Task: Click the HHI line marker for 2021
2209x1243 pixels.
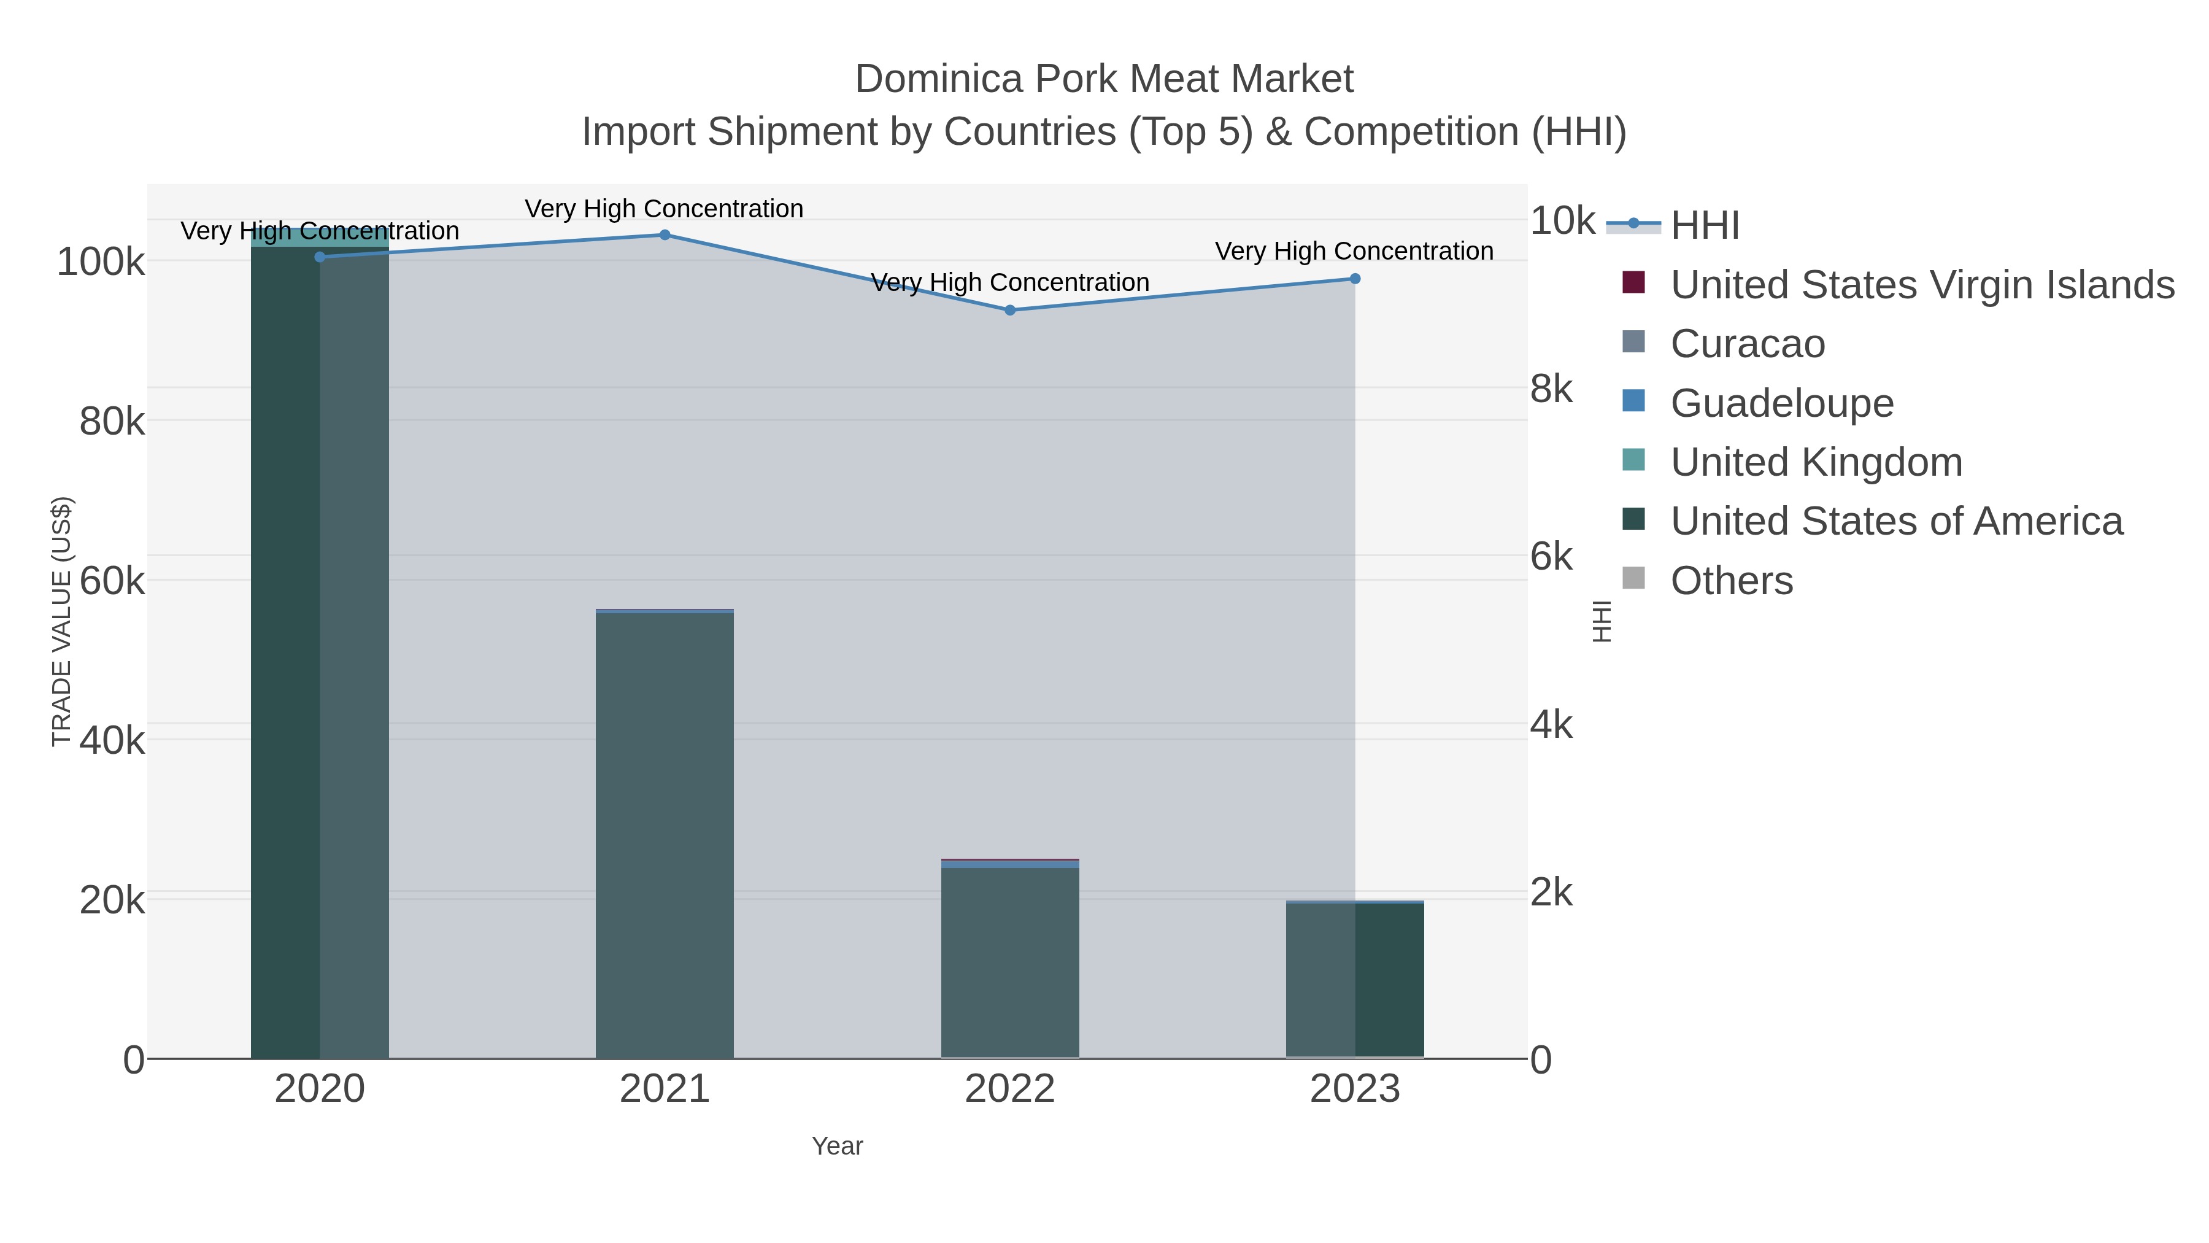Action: point(665,235)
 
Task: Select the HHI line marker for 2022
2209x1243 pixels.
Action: point(1009,310)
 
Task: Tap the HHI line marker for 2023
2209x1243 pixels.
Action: point(1355,279)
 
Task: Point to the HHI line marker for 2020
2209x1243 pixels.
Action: point(320,257)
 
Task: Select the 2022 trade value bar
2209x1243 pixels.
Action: point(1009,961)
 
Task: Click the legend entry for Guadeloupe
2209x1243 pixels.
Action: point(1781,403)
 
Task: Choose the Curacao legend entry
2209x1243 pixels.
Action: point(1747,344)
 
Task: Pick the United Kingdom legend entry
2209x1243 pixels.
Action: point(1816,462)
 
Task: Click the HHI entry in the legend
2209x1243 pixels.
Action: point(1704,226)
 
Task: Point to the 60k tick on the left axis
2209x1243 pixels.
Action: point(112,581)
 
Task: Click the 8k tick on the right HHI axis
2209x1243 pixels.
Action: point(1551,389)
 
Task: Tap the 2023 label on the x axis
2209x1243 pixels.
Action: point(1354,1088)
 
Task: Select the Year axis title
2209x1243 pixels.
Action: point(837,1146)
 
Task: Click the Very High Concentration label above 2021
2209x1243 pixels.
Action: point(664,209)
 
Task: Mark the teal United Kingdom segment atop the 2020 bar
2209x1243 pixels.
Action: point(320,238)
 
